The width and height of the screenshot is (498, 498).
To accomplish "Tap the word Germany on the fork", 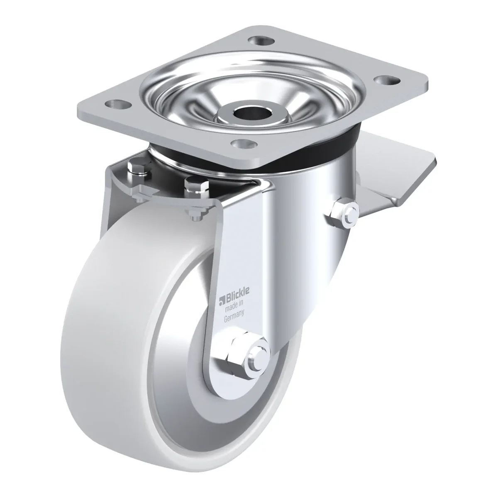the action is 234,317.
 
